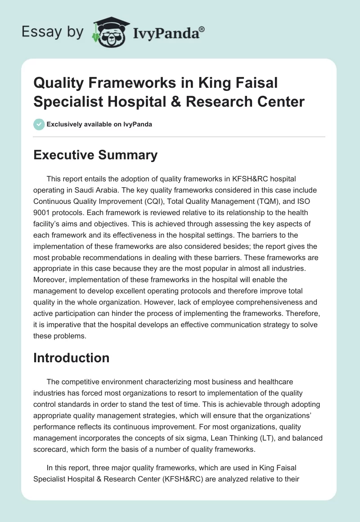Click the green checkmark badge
(39, 124)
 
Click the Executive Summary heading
(95, 155)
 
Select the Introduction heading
(71, 358)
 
